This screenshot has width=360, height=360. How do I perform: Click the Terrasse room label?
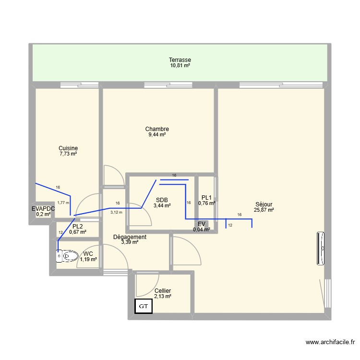[x=180, y=60]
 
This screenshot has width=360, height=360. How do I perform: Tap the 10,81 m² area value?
[x=180, y=65]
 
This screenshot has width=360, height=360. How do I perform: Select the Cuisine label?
[x=68, y=148]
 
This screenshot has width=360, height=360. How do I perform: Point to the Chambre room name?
[x=157, y=129]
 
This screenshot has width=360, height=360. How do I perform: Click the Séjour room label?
[x=264, y=204]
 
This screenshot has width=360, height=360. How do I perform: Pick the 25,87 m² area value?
[x=264, y=210]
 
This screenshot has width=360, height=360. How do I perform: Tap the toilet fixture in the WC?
[x=66, y=257]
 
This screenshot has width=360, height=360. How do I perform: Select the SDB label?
[x=162, y=200]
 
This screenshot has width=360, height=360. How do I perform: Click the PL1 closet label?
[x=206, y=197]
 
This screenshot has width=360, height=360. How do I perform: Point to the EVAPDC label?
[x=43, y=209]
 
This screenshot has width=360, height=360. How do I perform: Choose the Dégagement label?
[x=130, y=237]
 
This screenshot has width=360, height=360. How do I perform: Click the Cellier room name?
[x=163, y=291]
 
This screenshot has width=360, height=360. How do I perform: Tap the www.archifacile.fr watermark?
[x=330, y=342]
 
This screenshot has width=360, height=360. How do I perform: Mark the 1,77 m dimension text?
[x=63, y=203]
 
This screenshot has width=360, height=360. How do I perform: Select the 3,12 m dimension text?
[x=116, y=212]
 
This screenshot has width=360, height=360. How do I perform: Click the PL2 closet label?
[x=78, y=226]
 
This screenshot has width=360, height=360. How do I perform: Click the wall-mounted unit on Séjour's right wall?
[x=321, y=248]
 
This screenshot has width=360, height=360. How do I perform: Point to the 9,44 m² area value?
[x=157, y=135]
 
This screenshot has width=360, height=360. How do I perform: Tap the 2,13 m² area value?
[x=163, y=297]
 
